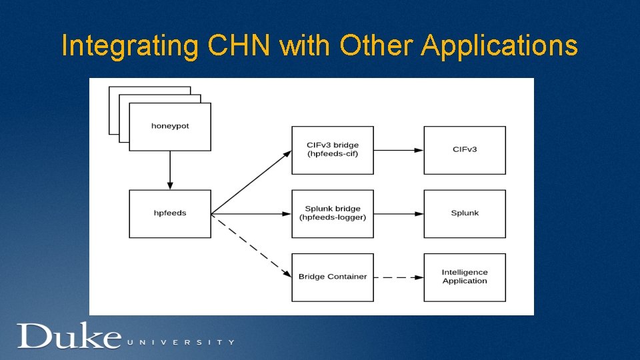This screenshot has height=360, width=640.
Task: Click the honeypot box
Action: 170,127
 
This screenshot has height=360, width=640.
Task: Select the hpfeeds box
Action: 170,213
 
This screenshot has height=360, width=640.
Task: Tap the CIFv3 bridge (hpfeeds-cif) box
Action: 332,150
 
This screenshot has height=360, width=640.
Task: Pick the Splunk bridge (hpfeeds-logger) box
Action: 332,213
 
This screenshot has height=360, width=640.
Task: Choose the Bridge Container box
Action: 332,277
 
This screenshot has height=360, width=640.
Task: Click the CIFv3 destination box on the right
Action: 465,150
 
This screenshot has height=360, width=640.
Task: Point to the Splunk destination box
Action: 465,213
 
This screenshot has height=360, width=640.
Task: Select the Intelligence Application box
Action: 465,277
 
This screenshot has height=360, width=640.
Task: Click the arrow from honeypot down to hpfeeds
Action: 170,170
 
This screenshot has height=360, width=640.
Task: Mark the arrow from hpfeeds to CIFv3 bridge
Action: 251,182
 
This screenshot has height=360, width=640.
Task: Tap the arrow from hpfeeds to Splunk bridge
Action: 251,214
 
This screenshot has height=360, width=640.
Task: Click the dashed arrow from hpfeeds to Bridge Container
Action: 251,245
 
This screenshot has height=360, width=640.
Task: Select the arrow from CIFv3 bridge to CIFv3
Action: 399,150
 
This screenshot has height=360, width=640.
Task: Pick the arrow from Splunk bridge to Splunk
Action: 399,214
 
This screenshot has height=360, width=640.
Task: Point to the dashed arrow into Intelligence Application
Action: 399,277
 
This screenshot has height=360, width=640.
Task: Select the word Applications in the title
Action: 499,46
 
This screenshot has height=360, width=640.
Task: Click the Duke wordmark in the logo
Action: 69,337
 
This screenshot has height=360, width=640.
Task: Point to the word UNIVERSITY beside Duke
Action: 181,342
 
